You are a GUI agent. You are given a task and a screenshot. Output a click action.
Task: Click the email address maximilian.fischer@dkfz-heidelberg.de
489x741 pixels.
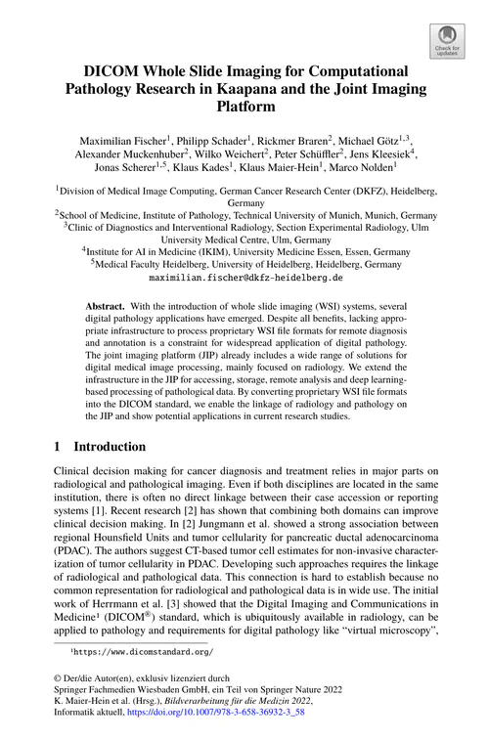point(244,278)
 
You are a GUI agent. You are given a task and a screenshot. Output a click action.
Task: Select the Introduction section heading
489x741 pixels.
point(110,447)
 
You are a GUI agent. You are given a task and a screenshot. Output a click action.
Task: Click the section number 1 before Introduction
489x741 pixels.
point(58,447)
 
